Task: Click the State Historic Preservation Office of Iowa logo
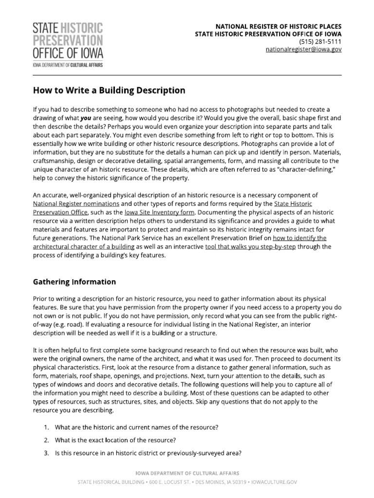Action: [68, 44]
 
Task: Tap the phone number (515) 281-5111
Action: [320, 42]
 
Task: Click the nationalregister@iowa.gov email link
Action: [303, 50]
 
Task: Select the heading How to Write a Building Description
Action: [109, 90]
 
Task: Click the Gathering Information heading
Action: [74, 282]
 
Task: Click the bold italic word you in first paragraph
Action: [86, 118]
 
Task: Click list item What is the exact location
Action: [115, 441]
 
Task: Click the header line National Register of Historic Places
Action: [279, 26]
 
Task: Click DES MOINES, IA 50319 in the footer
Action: [218, 482]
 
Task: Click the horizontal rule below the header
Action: [187, 75]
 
